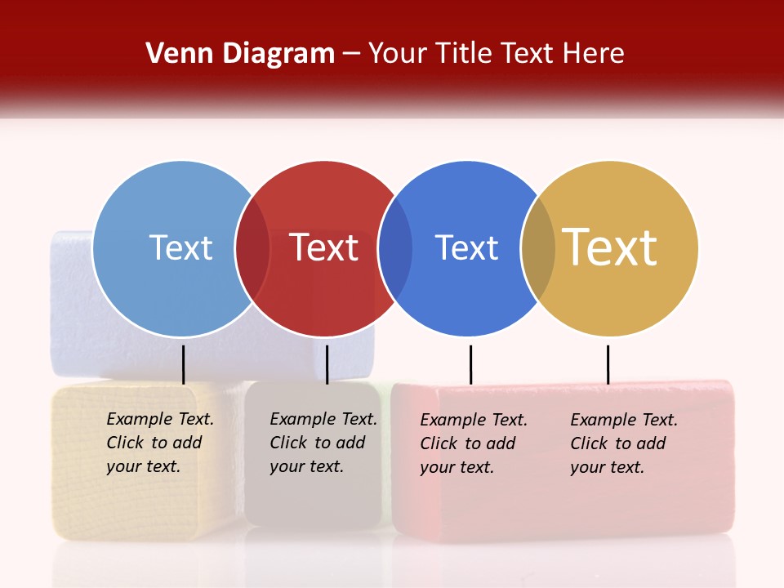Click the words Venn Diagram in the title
pyautogui.click(x=240, y=54)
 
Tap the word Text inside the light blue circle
pyautogui.click(x=180, y=247)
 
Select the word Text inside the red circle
pyautogui.click(x=323, y=247)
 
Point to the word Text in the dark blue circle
pyautogui.click(x=466, y=247)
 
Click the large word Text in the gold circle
pyautogui.click(x=610, y=247)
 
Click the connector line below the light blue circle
pyautogui.click(x=184, y=364)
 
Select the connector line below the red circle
pyautogui.click(x=327, y=364)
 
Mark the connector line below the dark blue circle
pyautogui.click(x=470, y=364)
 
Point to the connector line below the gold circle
pyautogui.click(x=608, y=364)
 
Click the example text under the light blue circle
pyautogui.click(x=159, y=443)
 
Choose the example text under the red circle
pyautogui.click(x=323, y=443)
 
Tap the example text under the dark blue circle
pyautogui.click(x=473, y=443)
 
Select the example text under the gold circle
pyautogui.click(x=623, y=443)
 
